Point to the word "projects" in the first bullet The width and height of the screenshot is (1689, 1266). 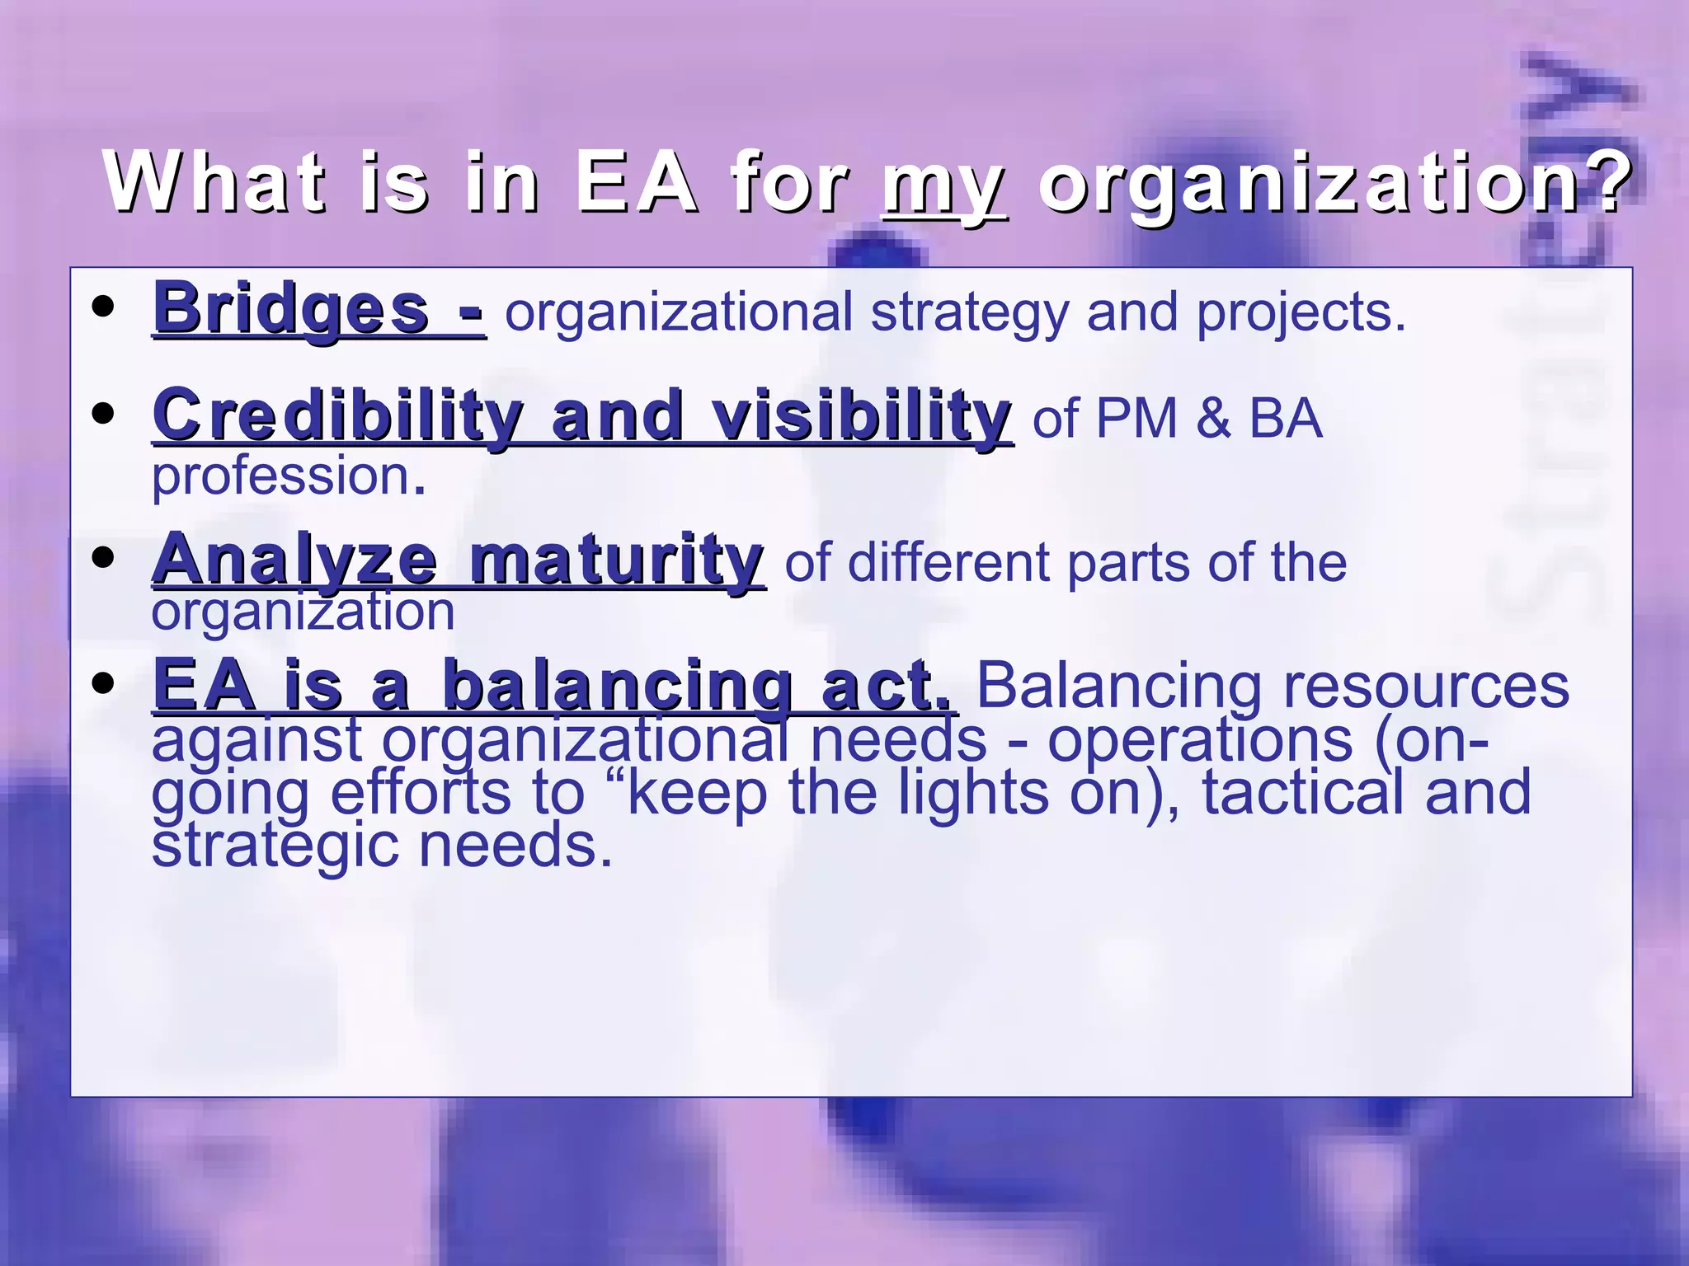point(1301,313)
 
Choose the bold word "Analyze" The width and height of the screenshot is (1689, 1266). point(294,560)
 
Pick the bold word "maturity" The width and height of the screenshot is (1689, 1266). point(616,560)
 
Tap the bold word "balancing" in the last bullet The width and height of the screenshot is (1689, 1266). point(617,686)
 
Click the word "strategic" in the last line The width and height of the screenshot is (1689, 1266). point(276,846)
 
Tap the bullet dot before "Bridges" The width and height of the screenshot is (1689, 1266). point(104,307)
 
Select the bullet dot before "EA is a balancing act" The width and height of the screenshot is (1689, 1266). point(104,683)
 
